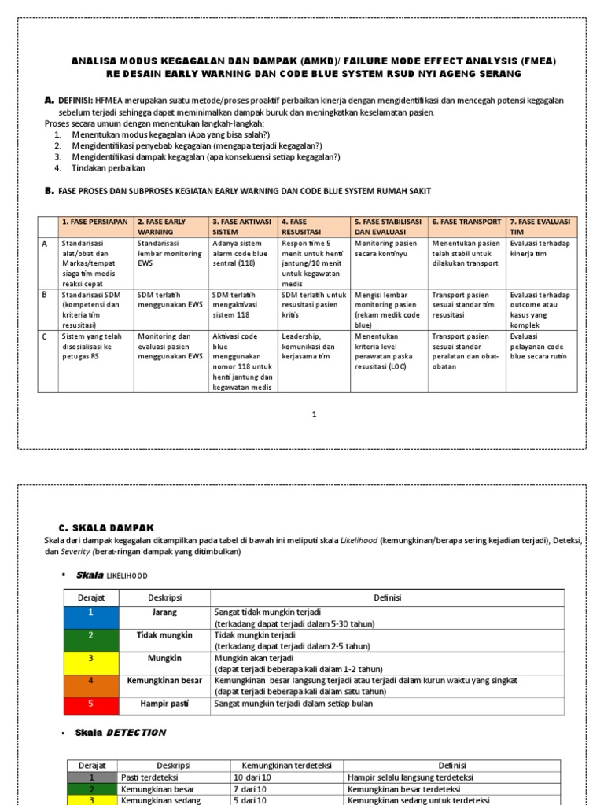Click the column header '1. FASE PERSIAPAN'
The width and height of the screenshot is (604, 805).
point(95,227)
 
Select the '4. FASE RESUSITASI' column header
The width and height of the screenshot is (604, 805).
point(315,227)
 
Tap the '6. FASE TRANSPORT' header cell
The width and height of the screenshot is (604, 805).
point(466,222)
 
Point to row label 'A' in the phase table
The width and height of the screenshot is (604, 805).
point(44,244)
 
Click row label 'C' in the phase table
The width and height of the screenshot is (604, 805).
point(44,334)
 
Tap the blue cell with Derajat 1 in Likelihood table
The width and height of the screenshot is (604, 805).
point(90,617)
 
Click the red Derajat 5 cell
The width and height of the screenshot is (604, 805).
point(90,704)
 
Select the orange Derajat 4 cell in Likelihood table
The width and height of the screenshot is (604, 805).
point(90,682)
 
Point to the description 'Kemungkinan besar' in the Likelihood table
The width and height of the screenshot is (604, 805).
point(164,680)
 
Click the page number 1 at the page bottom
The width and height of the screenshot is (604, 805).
point(313,414)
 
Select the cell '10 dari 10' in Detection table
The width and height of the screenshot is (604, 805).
point(252,777)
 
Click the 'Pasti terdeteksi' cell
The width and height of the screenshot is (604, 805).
point(150,777)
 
